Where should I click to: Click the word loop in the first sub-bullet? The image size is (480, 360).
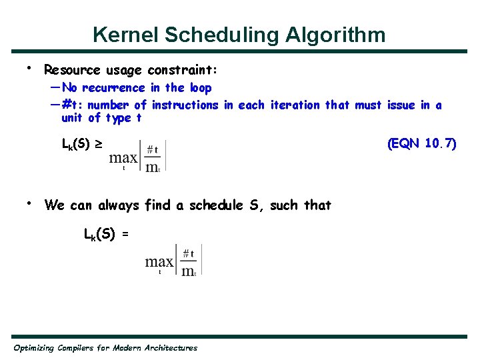coord(201,88)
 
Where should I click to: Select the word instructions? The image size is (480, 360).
coord(185,105)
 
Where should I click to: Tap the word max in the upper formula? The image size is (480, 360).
coord(123,158)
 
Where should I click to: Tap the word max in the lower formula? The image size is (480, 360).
coord(159,262)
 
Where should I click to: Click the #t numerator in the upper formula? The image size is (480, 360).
coord(152,150)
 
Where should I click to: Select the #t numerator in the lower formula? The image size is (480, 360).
coord(189,253)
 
